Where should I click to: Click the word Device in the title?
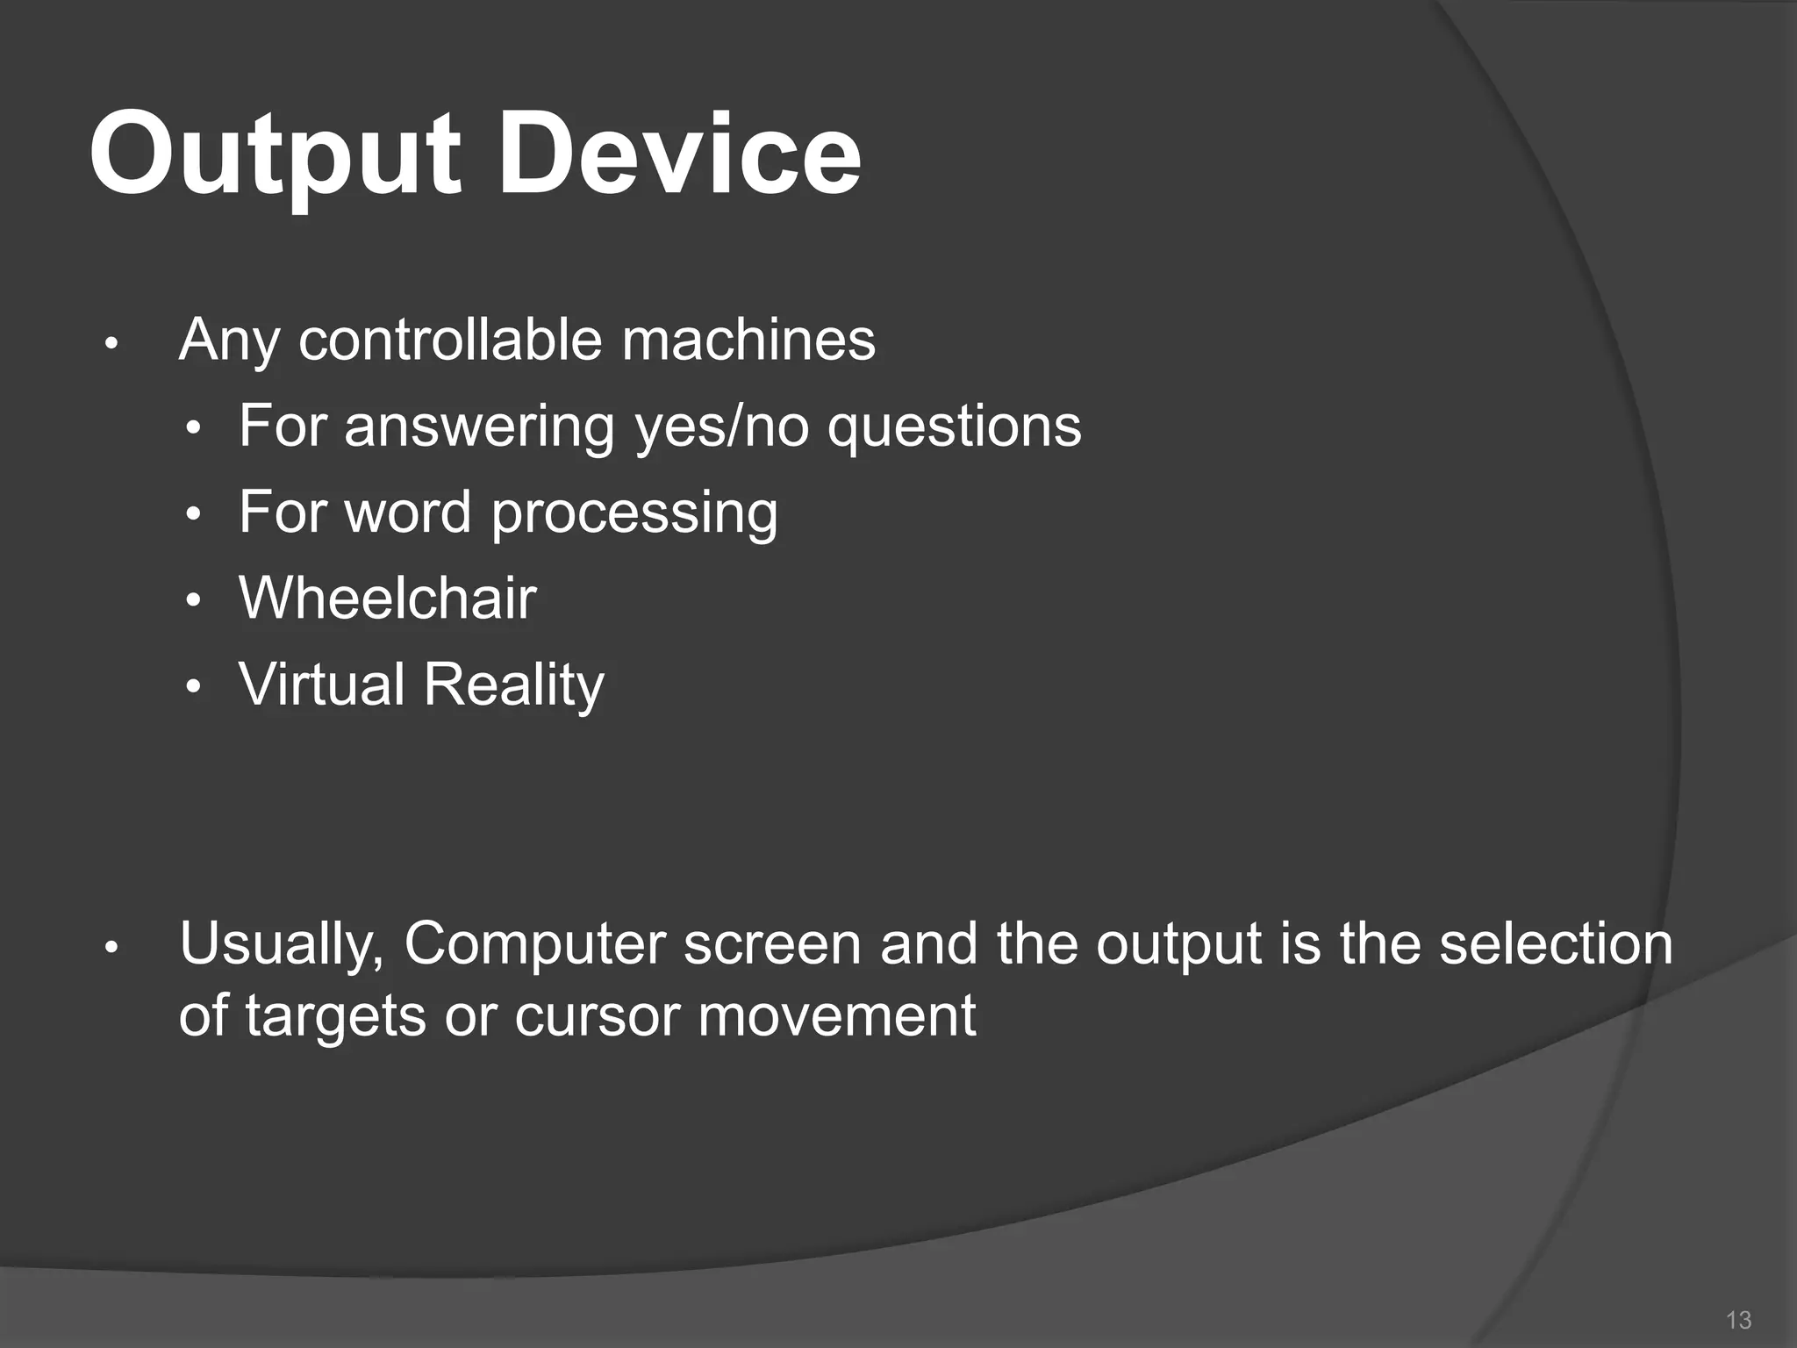(x=680, y=156)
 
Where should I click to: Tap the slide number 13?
(x=1738, y=1319)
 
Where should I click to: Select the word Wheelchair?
(x=387, y=599)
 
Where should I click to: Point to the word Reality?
(x=515, y=685)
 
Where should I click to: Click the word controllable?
(x=450, y=340)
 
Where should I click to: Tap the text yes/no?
(x=721, y=427)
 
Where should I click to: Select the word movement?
(x=837, y=1016)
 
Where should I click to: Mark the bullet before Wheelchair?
(x=195, y=602)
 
